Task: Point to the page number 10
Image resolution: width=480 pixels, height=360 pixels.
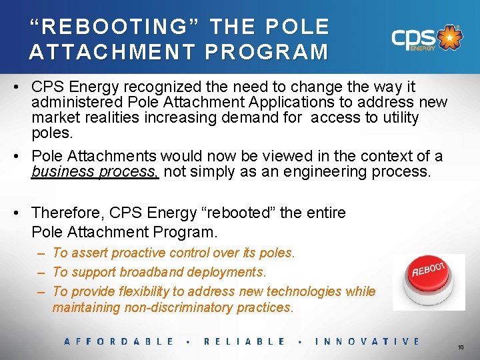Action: pyautogui.click(x=461, y=347)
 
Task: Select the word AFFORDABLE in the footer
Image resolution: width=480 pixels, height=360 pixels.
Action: pyautogui.click(x=119, y=341)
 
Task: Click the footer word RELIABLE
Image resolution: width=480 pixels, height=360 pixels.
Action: pyautogui.click(x=244, y=341)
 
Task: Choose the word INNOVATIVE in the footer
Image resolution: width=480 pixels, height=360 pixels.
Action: pyautogui.click(x=367, y=341)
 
